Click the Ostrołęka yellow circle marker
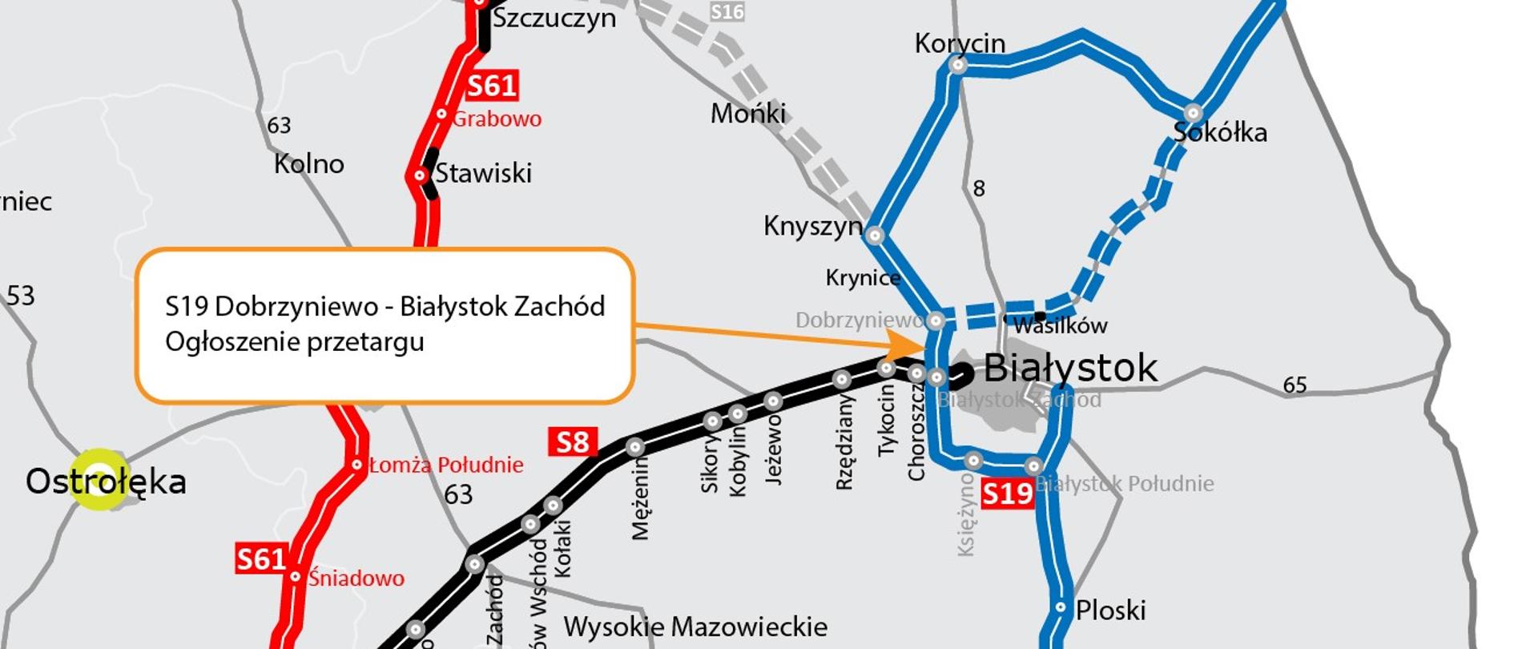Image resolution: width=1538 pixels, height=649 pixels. [99, 479]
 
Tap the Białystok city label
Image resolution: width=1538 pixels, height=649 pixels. [1069, 369]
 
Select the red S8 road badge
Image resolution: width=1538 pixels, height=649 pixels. [573, 442]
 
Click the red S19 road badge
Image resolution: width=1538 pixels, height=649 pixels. [1007, 493]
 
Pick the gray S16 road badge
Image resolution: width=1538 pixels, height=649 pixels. [727, 11]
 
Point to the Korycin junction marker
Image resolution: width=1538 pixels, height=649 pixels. [958, 66]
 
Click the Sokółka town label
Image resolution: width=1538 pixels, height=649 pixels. [1220, 132]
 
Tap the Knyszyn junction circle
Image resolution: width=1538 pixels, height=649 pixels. [875, 236]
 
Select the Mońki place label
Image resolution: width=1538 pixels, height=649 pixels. [747, 114]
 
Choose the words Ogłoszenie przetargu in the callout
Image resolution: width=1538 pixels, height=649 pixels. [294, 342]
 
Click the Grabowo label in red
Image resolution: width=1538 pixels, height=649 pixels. [497, 119]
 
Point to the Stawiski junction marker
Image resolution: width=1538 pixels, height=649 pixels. [420, 175]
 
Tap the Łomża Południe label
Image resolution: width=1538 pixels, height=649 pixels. [446, 465]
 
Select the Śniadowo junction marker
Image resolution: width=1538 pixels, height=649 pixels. [296, 577]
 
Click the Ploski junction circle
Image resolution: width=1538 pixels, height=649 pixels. [1061, 607]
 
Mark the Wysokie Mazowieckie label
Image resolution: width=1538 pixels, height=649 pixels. [695, 627]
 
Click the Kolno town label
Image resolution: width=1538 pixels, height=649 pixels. [308, 164]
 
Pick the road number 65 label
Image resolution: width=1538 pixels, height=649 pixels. [1294, 385]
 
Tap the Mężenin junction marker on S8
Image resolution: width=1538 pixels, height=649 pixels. [635, 447]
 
